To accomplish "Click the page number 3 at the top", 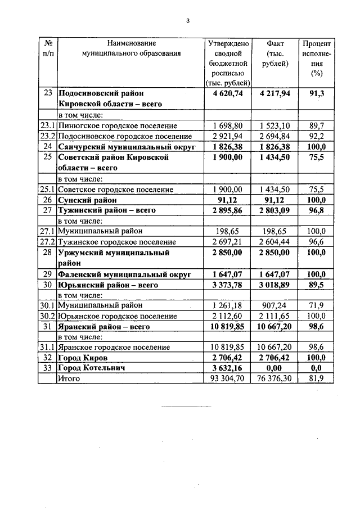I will click(x=188, y=22).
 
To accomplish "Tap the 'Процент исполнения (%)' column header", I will click(x=318, y=58).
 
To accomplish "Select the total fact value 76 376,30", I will click(x=275, y=379).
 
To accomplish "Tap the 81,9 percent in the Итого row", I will click(x=318, y=379).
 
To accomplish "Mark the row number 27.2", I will click(x=48, y=242).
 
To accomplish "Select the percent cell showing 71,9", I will click(x=318, y=305).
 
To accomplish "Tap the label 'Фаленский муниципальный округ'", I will click(x=124, y=274).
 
